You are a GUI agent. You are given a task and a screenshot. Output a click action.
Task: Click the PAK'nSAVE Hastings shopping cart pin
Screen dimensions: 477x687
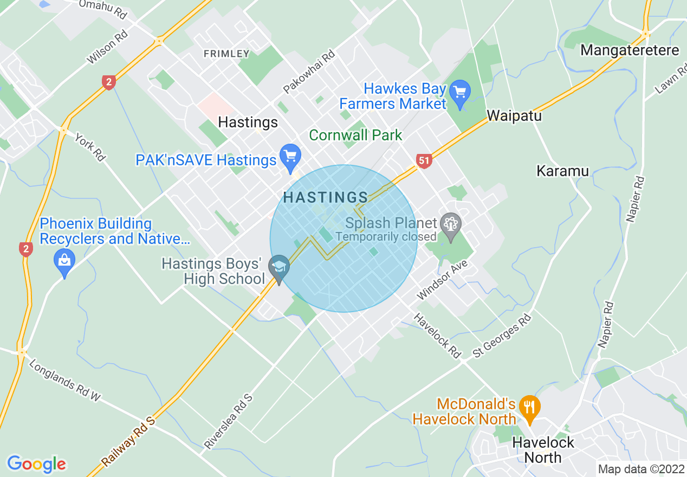291,156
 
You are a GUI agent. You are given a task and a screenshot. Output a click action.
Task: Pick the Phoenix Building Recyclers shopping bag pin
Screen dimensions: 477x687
64,263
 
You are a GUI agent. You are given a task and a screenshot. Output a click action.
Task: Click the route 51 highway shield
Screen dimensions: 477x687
424,160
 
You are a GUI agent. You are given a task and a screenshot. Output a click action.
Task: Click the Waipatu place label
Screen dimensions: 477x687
514,115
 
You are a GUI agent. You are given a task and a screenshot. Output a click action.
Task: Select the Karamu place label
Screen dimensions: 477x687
562,171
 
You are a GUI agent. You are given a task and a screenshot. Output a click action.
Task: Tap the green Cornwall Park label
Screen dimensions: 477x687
355,135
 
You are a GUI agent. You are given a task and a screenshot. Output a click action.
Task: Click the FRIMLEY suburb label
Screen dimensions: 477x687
226,54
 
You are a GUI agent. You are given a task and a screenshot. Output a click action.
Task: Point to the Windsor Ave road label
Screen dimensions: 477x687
442,280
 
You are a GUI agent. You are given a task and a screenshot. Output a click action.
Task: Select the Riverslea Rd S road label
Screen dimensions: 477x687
228,422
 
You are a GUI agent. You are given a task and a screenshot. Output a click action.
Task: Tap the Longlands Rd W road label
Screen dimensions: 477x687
64,381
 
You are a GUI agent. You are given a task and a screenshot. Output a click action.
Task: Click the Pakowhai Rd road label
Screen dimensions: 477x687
309,72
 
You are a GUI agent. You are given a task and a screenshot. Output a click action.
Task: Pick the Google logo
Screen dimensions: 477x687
36,464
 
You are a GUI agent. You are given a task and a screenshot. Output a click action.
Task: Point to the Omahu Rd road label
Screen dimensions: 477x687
102,9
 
